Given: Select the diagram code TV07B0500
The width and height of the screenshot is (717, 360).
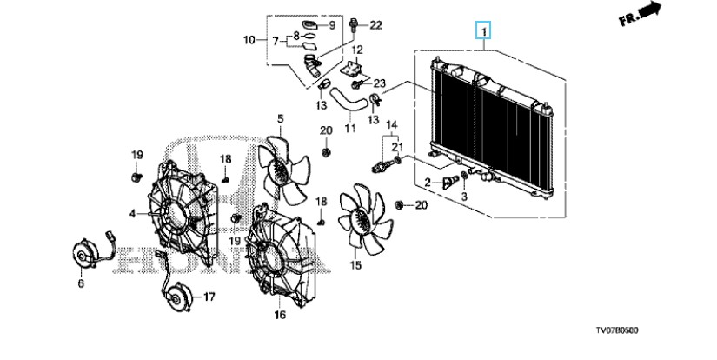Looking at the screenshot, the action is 617,330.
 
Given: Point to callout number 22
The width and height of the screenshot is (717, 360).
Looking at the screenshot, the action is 375,25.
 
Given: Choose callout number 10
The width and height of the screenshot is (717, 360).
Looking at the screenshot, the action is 249,40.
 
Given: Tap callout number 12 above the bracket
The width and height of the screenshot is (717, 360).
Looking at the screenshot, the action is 357,50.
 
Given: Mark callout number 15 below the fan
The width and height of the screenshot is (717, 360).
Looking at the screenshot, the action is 355,265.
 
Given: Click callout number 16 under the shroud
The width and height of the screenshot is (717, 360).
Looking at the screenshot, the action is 280,315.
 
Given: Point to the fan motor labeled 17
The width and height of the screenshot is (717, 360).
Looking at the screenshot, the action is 176,297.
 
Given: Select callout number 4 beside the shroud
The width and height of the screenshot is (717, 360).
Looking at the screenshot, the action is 132,213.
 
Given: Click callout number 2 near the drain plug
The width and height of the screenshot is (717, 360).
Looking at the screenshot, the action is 428,183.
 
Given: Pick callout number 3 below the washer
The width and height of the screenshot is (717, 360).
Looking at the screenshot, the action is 464,197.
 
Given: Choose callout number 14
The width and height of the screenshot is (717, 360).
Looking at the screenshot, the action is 392,124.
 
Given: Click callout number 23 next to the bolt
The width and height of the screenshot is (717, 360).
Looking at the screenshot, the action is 380,83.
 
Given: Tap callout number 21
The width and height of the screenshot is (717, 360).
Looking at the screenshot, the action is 397,147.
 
